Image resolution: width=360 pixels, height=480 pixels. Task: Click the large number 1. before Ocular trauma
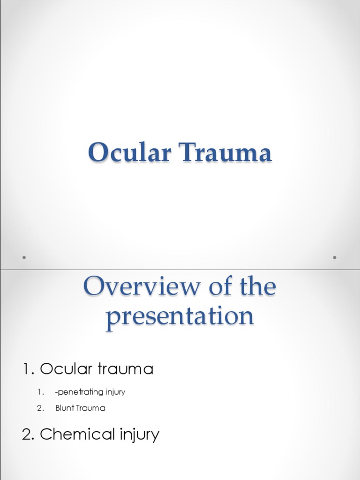pos(29,369)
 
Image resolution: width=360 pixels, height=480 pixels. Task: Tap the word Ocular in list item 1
pos(66,369)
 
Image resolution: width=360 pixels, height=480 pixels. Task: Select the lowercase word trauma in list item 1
pos(125,369)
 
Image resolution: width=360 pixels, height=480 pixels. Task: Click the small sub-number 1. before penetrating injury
pos(41,392)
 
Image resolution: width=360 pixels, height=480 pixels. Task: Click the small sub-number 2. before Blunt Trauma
pos(41,408)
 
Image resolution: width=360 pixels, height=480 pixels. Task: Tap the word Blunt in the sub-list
pos(64,408)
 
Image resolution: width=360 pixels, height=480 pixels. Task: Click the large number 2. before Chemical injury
pos(29,435)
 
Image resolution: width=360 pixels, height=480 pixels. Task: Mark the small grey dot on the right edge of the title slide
pos(335,257)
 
